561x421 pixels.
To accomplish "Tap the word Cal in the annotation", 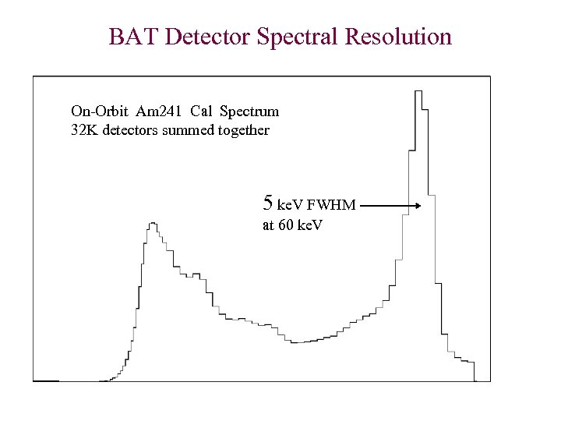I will [x=200, y=111].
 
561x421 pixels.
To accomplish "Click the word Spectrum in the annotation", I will [x=249, y=111].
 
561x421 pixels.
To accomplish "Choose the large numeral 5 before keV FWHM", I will [x=268, y=204].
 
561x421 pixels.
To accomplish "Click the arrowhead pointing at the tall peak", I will [x=418, y=206].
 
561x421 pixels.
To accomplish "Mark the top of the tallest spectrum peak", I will [x=418, y=92].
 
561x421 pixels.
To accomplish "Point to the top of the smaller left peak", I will [x=153, y=223].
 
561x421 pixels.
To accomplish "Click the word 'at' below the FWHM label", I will [x=268, y=226].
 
